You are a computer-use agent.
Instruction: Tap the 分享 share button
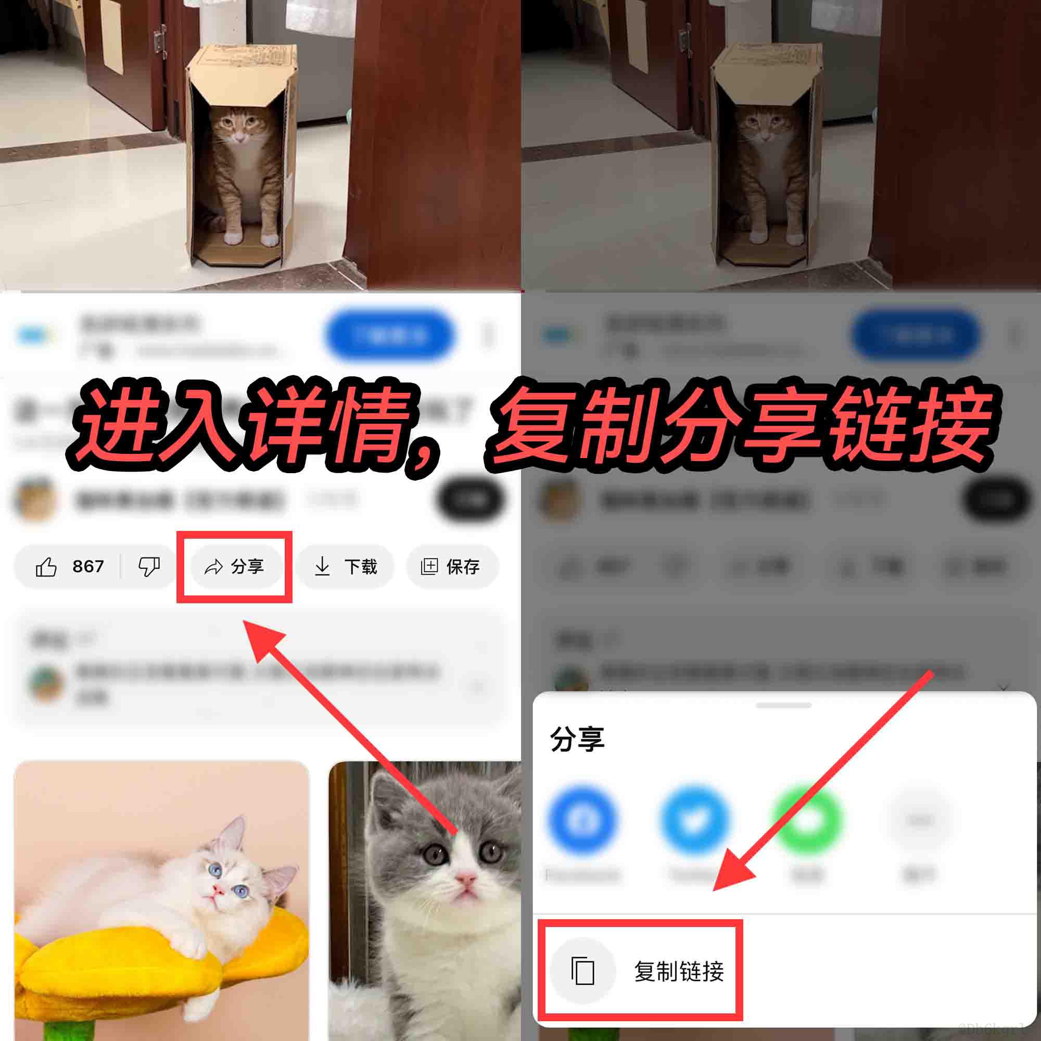235,566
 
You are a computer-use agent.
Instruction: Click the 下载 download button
346,566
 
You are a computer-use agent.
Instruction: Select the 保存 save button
451,566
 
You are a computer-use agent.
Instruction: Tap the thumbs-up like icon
46,567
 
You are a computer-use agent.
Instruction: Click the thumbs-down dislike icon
149,566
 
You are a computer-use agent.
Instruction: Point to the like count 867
88,566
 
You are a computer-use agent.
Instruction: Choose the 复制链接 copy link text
678,971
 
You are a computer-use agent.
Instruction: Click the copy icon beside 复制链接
582,971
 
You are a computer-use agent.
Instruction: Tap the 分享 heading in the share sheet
577,739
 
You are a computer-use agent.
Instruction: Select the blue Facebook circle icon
583,821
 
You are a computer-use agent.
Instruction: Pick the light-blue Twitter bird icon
695,821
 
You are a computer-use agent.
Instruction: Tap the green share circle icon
807,821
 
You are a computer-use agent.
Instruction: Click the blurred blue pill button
389,335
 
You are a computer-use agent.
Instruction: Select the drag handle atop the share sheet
783,705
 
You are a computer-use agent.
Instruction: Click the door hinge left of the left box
159,38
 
